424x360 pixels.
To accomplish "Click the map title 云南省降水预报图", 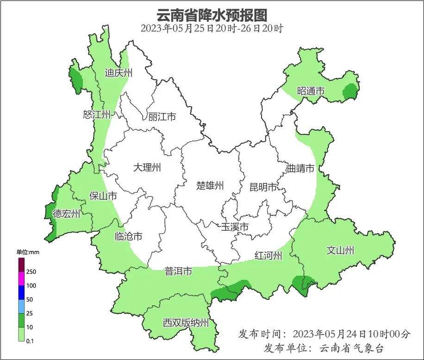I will pos(212,15).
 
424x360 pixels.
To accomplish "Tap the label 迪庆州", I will pos(118,73).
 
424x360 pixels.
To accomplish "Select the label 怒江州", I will pos(97,114).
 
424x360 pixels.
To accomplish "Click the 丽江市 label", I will pos(162,117).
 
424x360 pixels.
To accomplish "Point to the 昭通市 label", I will pos(311,91).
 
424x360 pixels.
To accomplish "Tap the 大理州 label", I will pos(147,167).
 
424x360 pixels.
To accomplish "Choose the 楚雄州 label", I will pos(210,186).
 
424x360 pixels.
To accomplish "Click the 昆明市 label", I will pos(263,187).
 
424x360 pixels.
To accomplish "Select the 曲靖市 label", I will pos(300,168).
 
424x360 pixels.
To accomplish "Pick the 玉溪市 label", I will pos(235,227).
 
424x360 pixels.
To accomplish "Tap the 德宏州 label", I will pos(66,214).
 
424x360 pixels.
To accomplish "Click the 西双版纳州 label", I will pos(186,323).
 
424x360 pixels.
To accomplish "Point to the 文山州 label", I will pos(340,250).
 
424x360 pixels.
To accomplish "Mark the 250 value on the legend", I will pos(31,272).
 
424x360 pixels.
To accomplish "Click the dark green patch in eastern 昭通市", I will pos(350,92).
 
